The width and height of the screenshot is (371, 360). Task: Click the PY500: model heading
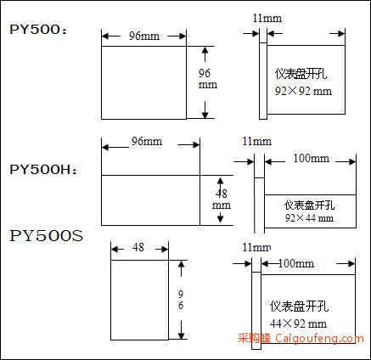pyautogui.click(x=38, y=30)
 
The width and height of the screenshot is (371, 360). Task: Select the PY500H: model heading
pyautogui.click(x=43, y=170)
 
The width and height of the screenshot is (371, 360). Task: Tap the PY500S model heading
pyautogui.click(x=47, y=236)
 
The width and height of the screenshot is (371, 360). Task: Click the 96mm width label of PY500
pyautogui.click(x=144, y=36)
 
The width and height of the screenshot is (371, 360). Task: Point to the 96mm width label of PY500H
pyautogui.click(x=147, y=141)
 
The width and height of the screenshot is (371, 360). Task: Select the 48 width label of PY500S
pyautogui.click(x=138, y=247)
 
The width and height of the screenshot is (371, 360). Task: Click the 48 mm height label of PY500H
pyautogui.click(x=222, y=199)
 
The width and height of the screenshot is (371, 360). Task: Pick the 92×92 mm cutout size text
pyautogui.click(x=303, y=91)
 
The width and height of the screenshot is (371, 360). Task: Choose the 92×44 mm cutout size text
pyautogui.click(x=309, y=218)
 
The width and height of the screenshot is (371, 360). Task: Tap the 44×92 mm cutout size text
pyautogui.click(x=298, y=323)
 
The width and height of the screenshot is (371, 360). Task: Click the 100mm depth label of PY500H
pyautogui.click(x=311, y=158)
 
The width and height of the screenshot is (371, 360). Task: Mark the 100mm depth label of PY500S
pyautogui.click(x=296, y=263)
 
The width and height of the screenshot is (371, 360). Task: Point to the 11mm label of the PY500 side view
pyautogui.click(x=267, y=19)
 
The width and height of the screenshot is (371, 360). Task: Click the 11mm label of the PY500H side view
pyautogui.click(x=257, y=141)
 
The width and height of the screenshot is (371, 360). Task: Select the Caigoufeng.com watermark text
pyautogui.click(x=320, y=339)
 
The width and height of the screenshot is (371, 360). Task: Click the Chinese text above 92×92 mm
pyautogui.click(x=301, y=74)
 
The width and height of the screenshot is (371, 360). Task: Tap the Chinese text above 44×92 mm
pyautogui.click(x=299, y=307)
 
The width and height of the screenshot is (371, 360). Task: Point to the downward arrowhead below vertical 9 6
pyautogui.click(x=181, y=335)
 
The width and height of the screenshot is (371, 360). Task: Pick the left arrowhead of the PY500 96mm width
pyautogui.click(x=105, y=36)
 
